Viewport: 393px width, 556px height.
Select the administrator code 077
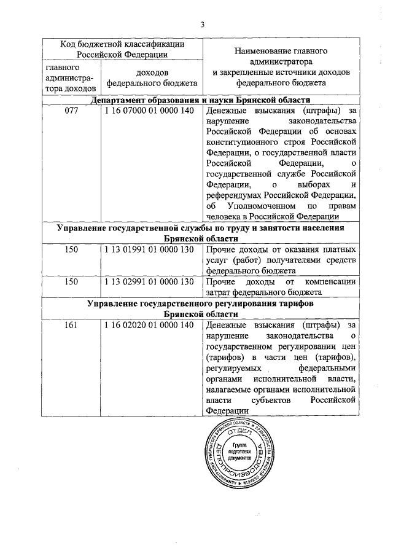pyautogui.click(x=71, y=111)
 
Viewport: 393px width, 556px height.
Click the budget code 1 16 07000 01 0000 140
pyautogui.click(x=149, y=111)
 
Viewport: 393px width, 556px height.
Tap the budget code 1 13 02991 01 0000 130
pyautogui.click(x=149, y=281)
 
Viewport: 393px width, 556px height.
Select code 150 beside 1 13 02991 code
pyautogui.click(x=71, y=281)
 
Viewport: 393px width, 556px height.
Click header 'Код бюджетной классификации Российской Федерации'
pyautogui.click(x=122, y=49)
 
